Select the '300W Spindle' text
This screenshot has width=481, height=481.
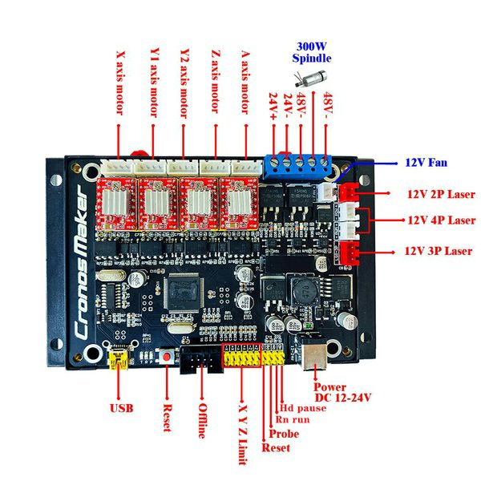tap(312, 52)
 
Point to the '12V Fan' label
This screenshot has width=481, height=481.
tap(426, 162)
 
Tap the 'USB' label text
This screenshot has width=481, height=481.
tap(121, 408)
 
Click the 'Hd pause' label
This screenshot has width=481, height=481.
tap(305, 407)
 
